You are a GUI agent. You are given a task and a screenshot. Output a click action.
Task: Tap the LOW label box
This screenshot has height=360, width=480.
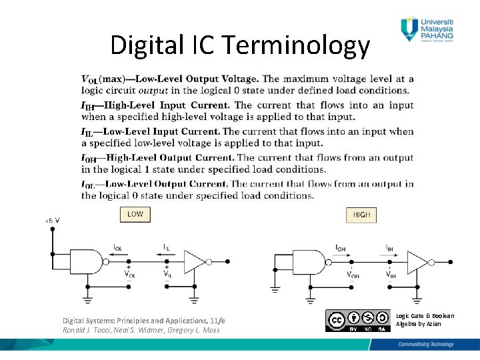pos(135,214)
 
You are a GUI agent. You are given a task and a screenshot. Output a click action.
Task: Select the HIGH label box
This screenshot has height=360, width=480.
pos(361,215)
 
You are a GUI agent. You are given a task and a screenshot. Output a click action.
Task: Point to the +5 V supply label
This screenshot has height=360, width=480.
pos(52,219)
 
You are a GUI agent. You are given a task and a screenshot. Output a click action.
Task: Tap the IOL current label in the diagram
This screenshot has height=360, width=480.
pos(118,247)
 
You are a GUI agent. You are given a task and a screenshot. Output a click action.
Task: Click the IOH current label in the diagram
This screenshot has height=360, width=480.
pos(340,247)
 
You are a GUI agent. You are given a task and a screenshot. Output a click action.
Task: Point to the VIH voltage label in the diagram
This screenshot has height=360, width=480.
pos(390,273)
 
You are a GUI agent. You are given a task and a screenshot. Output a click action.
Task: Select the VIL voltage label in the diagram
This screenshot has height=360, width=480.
pos(168,273)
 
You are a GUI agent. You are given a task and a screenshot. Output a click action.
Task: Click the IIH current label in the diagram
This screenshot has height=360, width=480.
pos(389,247)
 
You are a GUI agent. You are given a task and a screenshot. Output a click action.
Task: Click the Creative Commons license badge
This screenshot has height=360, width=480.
pos(357,320)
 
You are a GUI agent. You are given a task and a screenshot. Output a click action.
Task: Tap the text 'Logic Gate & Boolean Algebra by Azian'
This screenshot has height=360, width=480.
pos(425,319)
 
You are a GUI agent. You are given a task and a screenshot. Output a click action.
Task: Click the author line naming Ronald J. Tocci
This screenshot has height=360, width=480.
pos(141,330)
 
